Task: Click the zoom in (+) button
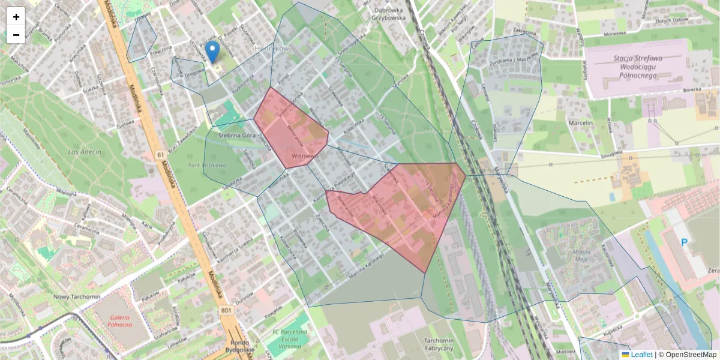pyautogui.click(x=16, y=17)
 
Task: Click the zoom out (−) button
pyautogui.click(x=16, y=35)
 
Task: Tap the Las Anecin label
pyautogui.click(x=82, y=152)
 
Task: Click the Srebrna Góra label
pyautogui.click(x=238, y=136)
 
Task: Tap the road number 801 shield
pyautogui.click(x=226, y=310)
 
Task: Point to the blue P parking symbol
pyautogui.click(x=685, y=242)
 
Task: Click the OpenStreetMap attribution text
pyautogui.click(x=687, y=355)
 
